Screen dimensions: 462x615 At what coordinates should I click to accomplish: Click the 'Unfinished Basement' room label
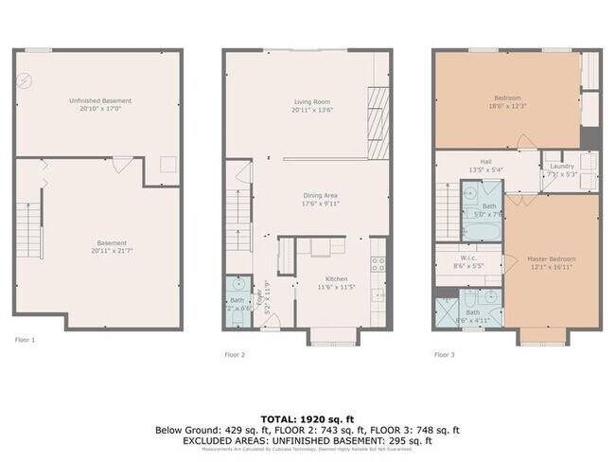pyautogui.click(x=99, y=100)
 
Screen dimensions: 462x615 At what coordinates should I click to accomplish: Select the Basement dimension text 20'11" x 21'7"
pyautogui.click(x=99, y=251)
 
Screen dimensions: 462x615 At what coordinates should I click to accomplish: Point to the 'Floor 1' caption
pyautogui.click(x=26, y=338)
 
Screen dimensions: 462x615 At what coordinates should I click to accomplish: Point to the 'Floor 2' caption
pyautogui.click(x=235, y=355)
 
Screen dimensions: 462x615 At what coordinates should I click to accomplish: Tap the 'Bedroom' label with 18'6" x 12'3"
pyautogui.click(x=506, y=98)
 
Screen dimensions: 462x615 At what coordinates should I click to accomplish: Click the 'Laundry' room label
pyautogui.click(x=561, y=167)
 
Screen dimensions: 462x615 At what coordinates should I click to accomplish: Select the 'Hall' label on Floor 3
pyautogui.click(x=485, y=162)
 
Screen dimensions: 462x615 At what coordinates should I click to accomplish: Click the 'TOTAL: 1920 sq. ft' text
pyautogui.click(x=307, y=418)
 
